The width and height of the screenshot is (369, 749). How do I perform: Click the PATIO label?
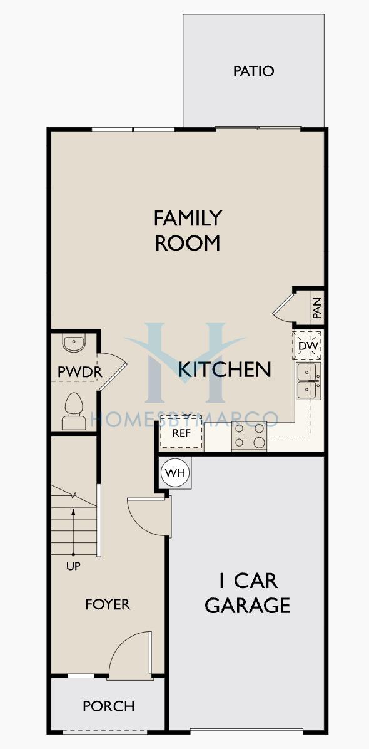[254, 71]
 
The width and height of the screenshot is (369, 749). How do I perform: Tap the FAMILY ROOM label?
[188, 230]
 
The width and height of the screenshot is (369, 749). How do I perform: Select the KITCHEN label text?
[225, 369]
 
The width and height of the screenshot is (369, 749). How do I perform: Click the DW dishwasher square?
[307, 345]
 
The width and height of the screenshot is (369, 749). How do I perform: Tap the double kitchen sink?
[308, 381]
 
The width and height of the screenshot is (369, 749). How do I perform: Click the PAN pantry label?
[317, 308]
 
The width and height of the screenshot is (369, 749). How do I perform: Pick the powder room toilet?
[74, 411]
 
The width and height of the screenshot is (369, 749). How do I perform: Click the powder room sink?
[74, 343]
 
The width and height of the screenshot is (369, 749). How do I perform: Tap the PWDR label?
[77, 373]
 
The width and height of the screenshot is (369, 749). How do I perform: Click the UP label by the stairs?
[73, 567]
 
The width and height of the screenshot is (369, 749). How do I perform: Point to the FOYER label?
[108, 604]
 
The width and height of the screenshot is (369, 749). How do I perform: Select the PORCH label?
[109, 706]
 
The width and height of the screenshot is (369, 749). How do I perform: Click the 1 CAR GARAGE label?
[248, 593]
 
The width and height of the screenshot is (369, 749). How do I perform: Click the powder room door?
[113, 371]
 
